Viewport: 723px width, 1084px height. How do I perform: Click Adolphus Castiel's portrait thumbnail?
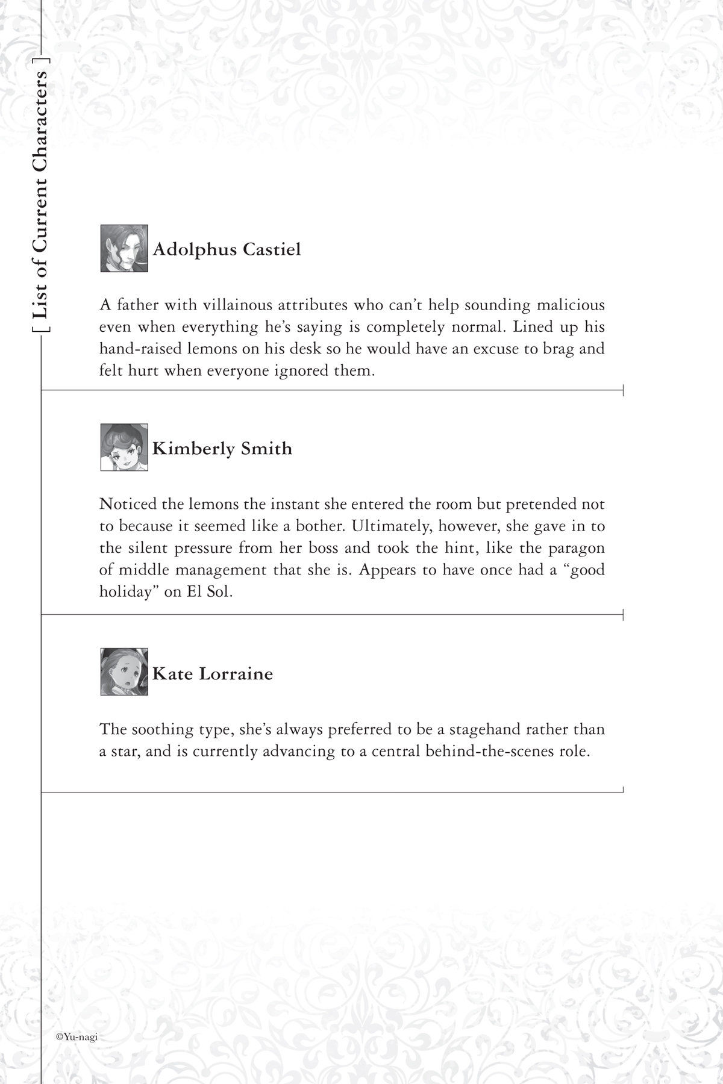tap(124, 248)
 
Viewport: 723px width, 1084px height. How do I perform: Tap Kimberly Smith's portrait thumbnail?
tap(124, 447)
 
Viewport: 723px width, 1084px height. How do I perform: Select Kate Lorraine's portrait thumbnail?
tap(124, 671)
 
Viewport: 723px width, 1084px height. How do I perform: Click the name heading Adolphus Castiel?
tap(227, 249)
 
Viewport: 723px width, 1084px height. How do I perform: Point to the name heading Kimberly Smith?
tap(222, 449)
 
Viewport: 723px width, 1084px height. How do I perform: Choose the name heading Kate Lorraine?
tap(213, 673)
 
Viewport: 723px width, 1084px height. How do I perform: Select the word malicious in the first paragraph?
tap(569, 305)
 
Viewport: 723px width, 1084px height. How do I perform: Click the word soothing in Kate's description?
tap(161, 729)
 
